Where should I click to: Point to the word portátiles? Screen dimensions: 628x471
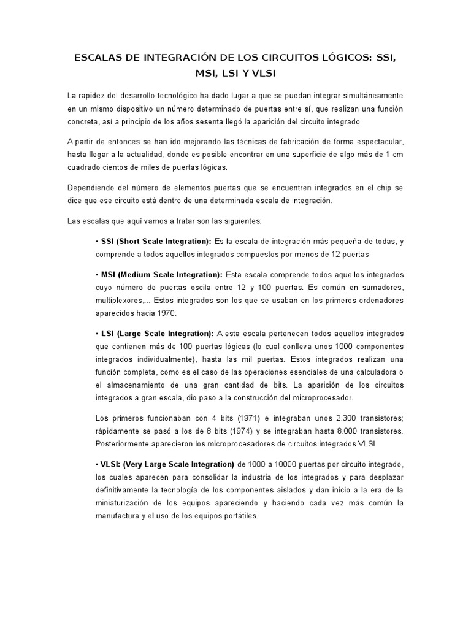[238, 516]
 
